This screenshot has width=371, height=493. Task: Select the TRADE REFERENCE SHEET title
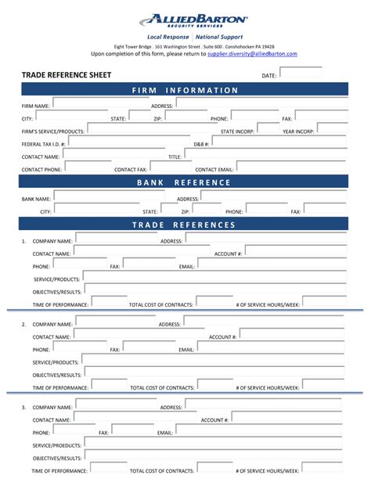66,75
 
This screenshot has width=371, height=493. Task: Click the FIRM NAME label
36,106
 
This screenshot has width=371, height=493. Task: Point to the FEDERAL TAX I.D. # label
44,145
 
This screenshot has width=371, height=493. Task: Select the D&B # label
202,145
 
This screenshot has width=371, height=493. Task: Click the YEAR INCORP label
299,131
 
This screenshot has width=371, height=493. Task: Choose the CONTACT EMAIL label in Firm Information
214,169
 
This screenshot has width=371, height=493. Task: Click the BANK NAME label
36,199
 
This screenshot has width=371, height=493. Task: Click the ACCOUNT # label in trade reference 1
229,254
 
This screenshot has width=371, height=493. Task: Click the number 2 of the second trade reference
23,324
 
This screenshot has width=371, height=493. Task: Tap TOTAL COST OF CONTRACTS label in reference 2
161,387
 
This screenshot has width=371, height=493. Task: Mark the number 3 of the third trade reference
23,408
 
